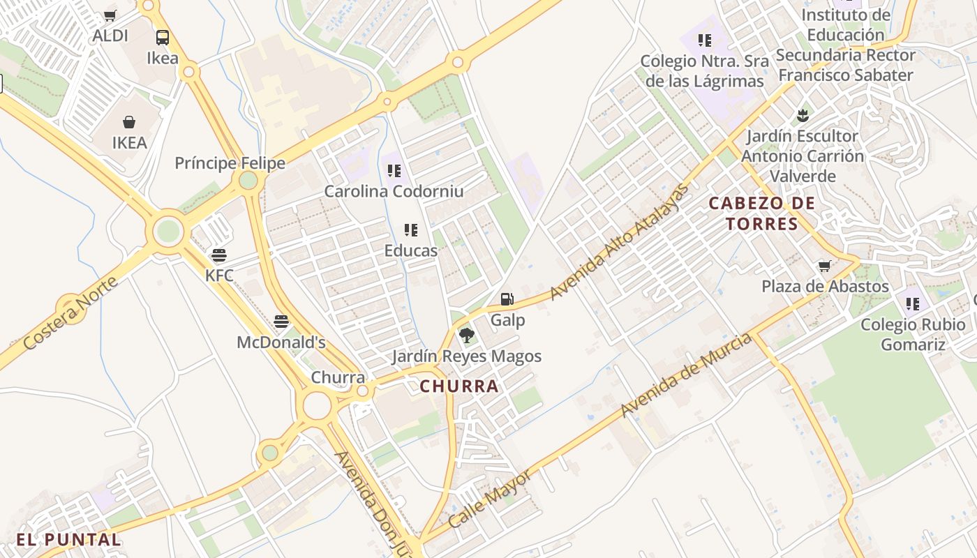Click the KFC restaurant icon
click(219, 255)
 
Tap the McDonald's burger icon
click(281, 322)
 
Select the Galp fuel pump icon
click(507, 300)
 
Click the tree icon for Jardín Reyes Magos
click(467, 335)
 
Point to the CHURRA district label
click(459, 386)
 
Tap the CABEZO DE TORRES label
click(761, 213)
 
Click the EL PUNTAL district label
click(68, 539)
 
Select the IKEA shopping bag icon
click(129, 123)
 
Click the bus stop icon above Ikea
click(163, 38)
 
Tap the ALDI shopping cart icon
click(110, 15)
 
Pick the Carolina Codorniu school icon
click(394, 170)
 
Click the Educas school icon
click(411, 229)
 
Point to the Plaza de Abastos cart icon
click(825, 266)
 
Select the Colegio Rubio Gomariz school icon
click(912, 303)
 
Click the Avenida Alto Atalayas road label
click(618, 241)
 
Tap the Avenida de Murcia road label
click(686, 375)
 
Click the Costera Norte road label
click(70, 313)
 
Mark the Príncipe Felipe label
click(230, 163)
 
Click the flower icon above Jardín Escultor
click(802, 114)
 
